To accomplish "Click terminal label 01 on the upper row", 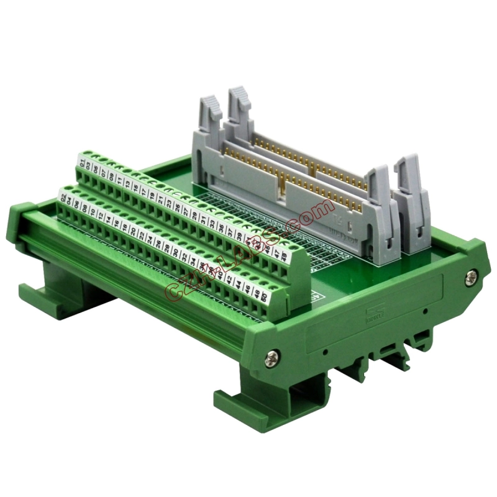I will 83,163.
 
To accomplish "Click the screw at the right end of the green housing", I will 471,273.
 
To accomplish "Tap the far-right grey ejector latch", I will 411,186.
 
